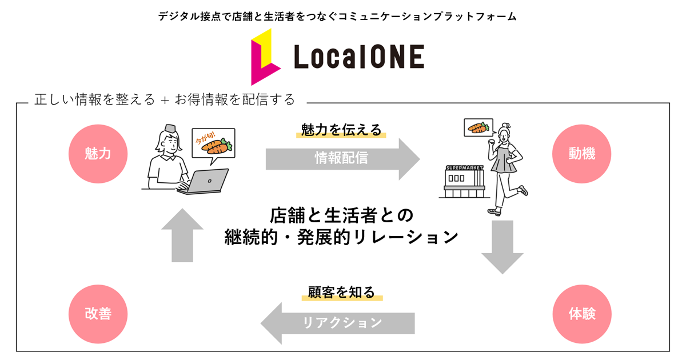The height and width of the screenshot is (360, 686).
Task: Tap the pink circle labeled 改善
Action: tap(98, 314)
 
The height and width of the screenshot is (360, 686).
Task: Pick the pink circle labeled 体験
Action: tap(582, 314)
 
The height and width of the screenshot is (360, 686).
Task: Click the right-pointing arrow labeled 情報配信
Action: tap(342, 158)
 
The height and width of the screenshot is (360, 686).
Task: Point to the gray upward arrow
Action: tap(182, 234)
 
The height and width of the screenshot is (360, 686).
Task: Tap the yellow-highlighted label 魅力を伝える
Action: tap(341, 130)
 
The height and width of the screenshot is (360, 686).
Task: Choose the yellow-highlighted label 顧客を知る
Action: tap(341, 293)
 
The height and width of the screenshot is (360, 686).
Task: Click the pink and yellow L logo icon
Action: tap(265, 57)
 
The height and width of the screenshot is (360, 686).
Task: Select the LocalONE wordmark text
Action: tap(359, 57)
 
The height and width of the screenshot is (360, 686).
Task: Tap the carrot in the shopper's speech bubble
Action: tap(478, 128)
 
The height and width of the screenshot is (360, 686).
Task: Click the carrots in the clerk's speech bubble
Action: tap(216, 146)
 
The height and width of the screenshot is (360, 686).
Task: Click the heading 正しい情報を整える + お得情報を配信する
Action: tap(165, 99)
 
